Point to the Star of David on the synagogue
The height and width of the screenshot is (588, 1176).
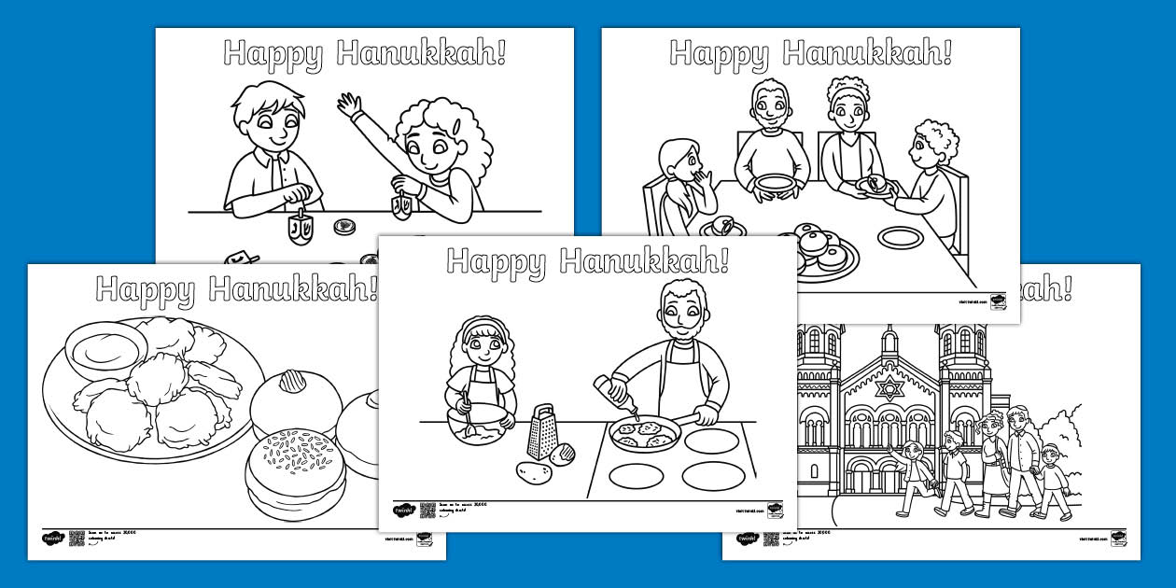[x=889, y=387]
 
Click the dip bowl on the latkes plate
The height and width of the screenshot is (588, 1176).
[x=106, y=350]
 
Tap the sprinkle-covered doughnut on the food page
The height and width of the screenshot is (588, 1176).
[x=295, y=467]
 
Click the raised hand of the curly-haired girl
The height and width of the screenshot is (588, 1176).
[x=350, y=104]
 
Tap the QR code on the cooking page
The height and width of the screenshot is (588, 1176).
[x=427, y=510]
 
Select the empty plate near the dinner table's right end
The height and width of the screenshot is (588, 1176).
[x=900, y=237]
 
